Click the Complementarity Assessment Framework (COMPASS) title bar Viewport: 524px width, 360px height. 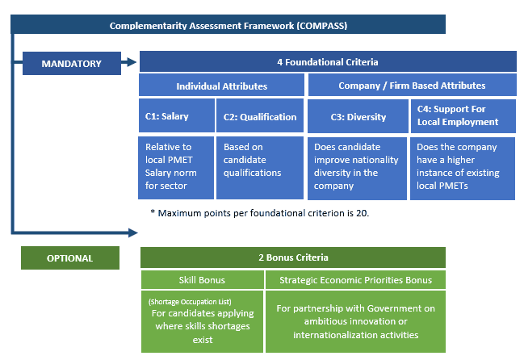tap(228, 25)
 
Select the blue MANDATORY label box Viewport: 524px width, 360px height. tap(72, 63)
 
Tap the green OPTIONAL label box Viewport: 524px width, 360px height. tap(69, 258)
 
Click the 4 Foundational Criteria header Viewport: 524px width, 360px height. tap(327, 62)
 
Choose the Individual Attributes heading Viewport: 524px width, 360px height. tap(221, 86)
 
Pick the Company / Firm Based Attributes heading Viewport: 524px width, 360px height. tap(411, 86)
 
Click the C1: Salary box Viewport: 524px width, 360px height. tap(177, 116)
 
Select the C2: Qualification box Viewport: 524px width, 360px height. tap(259, 116)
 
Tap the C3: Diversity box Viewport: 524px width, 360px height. tap(358, 116)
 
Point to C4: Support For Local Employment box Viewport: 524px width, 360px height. tap(463, 116)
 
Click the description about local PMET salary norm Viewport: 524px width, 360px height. tap(177, 167)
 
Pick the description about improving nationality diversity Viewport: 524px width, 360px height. tap(358, 167)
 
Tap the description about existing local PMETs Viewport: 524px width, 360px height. tap(463, 167)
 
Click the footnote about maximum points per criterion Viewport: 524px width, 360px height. tap(260, 213)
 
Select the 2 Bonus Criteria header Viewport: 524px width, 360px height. tap(292, 258)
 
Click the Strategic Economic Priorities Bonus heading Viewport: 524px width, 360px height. tap(355, 280)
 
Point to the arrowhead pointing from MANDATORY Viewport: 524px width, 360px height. tap(129, 62)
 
